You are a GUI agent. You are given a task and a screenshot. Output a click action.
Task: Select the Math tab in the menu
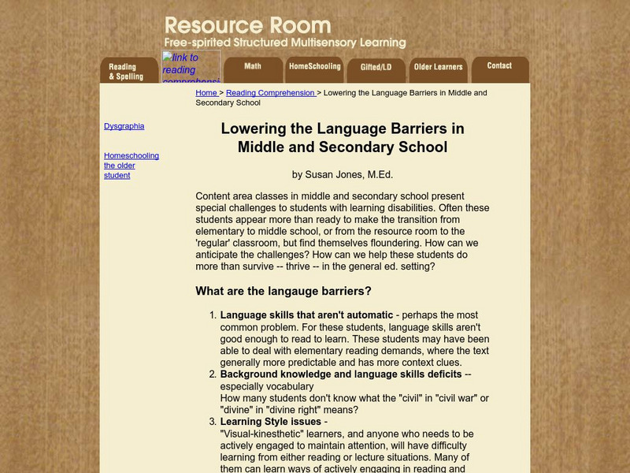(252, 67)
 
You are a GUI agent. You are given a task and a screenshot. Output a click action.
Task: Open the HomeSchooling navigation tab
(314, 67)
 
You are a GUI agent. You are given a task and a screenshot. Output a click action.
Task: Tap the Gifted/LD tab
(376, 68)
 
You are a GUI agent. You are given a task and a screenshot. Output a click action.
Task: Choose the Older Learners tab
(438, 68)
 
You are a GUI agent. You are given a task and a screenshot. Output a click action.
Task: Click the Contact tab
(499, 66)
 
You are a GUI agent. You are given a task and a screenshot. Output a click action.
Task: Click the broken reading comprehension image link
(191, 67)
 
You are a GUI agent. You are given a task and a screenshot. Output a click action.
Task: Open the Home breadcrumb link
(206, 93)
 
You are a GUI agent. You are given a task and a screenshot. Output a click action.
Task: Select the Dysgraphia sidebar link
(124, 126)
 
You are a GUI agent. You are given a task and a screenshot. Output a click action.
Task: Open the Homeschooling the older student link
(131, 166)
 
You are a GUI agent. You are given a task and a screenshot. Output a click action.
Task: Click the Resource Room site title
(247, 25)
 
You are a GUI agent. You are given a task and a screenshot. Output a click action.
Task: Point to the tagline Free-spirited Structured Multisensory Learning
(284, 43)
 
